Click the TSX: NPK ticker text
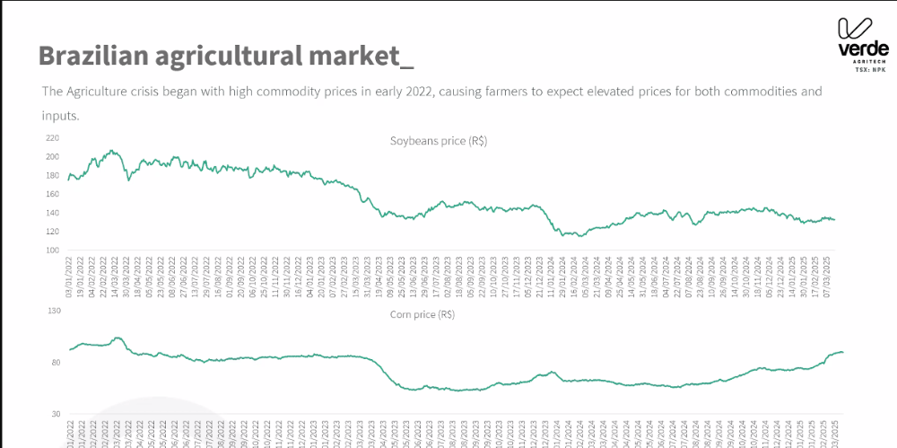pyautogui.click(x=869, y=69)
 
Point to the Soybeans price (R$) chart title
pyautogui.click(x=438, y=141)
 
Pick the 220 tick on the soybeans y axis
pyautogui.click(x=52, y=138)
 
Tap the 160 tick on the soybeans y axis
pyautogui.click(x=52, y=194)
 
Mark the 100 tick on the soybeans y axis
pyautogui.click(x=52, y=250)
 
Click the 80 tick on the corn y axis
pyautogui.click(x=54, y=363)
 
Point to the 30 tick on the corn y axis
pyautogui.click(x=54, y=415)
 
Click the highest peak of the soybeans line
pyautogui.click(x=111, y=151)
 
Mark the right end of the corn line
pyautogui.click(x=842, y=352)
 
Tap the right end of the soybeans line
pyautogui.click(x=834, y=220)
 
